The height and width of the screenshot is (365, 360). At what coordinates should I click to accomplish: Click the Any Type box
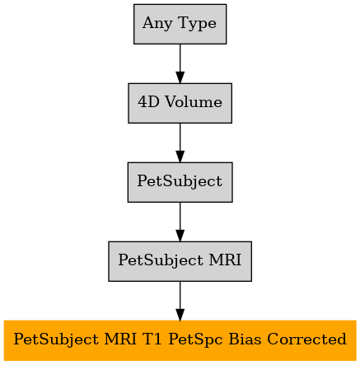pyautogui.click(x=180, y=24)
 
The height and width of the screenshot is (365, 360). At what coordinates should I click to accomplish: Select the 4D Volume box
pyautogui.click(x=180, y=103)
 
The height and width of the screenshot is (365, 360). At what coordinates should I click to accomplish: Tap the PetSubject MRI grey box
pyautogui.click(x=180, y=261)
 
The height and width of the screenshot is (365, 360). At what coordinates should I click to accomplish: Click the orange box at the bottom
pyautogui.click(x=180, y=340)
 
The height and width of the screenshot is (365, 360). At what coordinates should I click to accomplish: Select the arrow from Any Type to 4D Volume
pyautogui.click(x=180, y=63)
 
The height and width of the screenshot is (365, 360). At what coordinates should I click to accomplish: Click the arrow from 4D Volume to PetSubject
pyautogui.click(x=180, y=143)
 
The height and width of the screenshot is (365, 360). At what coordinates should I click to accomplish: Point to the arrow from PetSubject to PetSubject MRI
pyautogui.click(x=180, y=222)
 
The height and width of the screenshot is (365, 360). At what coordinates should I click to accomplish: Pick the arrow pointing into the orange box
pyautogui.click(x=180, y=301)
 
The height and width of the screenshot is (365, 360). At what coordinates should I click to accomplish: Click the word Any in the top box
pyautogui.click(x=157, y=24)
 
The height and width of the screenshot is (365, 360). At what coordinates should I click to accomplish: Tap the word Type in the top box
pyautogui.click(x=197, y=24)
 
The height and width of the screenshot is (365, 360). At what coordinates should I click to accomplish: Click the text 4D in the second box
pyautogui.click(x=148, y=102)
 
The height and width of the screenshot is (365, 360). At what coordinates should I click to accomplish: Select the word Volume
pyautogui.click(x=194, y=102)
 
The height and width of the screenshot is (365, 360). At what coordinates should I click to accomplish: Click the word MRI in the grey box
pyautogui.click(x=225, y=260)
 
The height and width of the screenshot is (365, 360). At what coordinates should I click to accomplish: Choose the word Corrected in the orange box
pyautogui.click(x=306, y=339)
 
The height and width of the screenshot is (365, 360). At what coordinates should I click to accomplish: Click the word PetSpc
pyautogui.click(x=195, y=340)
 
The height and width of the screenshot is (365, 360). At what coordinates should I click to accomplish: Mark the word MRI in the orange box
pyautogui.click(x=120, y=339)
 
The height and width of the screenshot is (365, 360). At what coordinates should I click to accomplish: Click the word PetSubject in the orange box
pyautogui.click(x=56, y=340)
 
